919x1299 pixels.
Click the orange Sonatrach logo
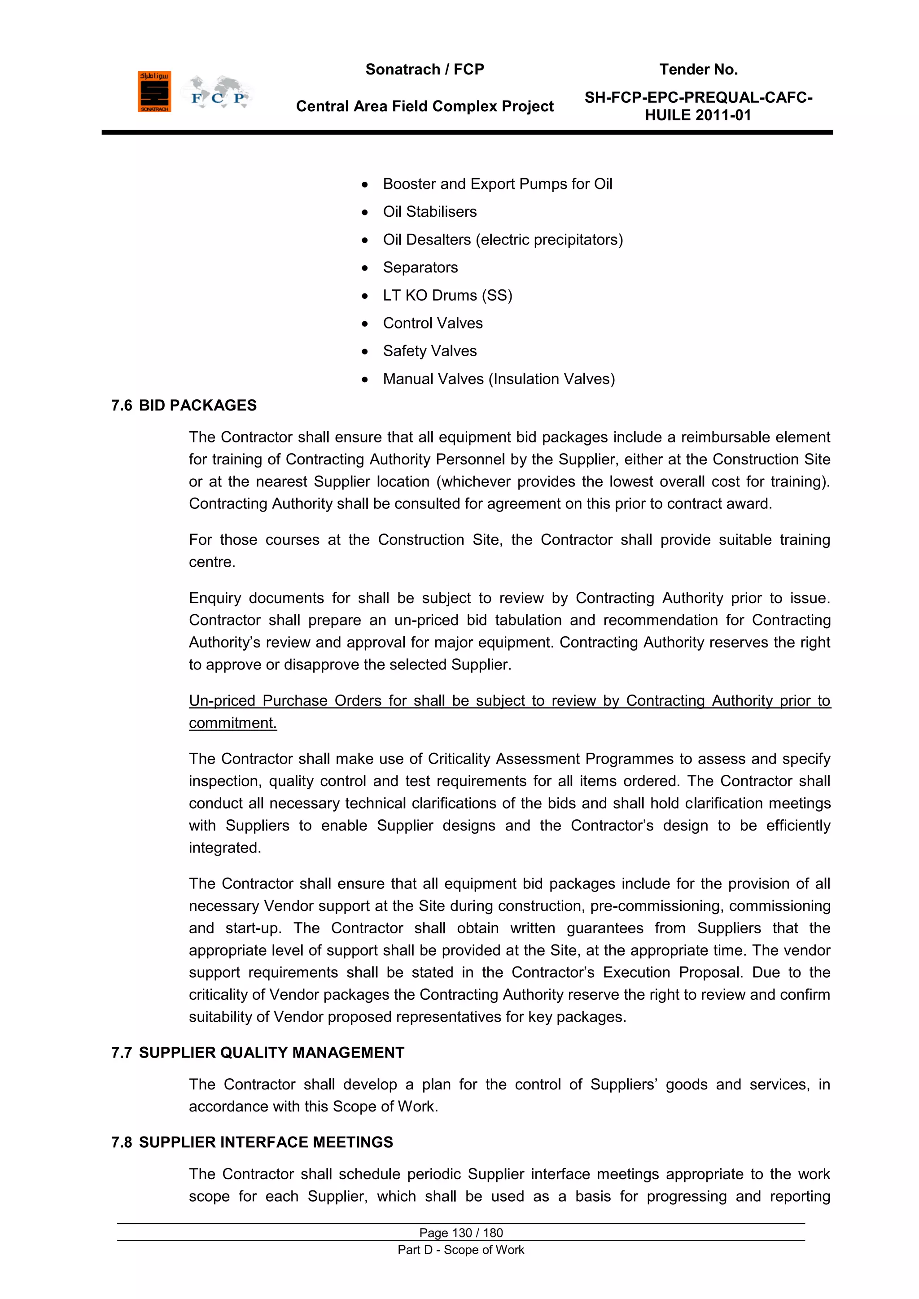[x=154, y=92]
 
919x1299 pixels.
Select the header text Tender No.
[x=698, y=70]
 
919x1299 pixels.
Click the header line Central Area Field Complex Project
[x=424, y=106]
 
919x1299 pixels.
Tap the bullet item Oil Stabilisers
[x=429, y=212]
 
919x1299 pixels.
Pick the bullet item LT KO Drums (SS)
[x=447, y=295]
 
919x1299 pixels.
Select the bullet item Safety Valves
[x=429, y=351]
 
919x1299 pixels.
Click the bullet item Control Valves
[x=432, y=323]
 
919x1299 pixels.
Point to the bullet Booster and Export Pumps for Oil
[x=497, y=184]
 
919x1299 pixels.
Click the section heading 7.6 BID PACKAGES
[x=184, y=405]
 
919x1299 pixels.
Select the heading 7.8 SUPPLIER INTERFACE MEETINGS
[x=252, y=1142]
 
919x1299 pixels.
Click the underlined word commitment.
[x=232, y=722]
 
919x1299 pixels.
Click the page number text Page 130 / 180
[x=461, y=1233]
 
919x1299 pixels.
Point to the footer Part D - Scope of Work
[x=461, y=1250]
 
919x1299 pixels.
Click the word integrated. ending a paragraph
[x=225, y=848]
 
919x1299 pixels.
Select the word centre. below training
[x=212, y=562]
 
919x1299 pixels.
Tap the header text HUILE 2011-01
[x=698, y=115]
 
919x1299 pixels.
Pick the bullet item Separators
[x=420, y=267]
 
